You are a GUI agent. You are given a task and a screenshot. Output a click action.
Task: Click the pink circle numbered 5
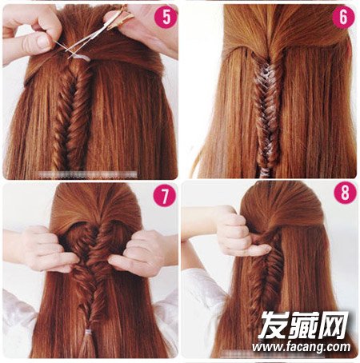(166, 17)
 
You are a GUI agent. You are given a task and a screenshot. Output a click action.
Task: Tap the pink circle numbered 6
(343, 17)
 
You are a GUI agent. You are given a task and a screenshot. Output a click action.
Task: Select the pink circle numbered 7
(164, 196)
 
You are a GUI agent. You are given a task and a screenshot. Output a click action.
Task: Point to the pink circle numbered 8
(345, 193)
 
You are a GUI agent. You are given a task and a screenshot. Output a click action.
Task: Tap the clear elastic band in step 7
(88, 332)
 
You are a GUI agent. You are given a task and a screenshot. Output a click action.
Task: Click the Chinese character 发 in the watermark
(274, 325)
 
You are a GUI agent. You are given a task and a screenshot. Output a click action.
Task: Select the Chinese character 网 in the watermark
(334, 325)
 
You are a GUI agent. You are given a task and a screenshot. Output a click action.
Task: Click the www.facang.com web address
(302, 347)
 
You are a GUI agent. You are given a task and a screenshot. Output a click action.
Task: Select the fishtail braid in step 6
(266, 112)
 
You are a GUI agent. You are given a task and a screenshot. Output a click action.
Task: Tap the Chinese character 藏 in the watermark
(305, 325)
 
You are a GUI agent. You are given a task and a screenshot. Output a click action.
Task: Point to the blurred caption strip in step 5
(88, 174)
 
